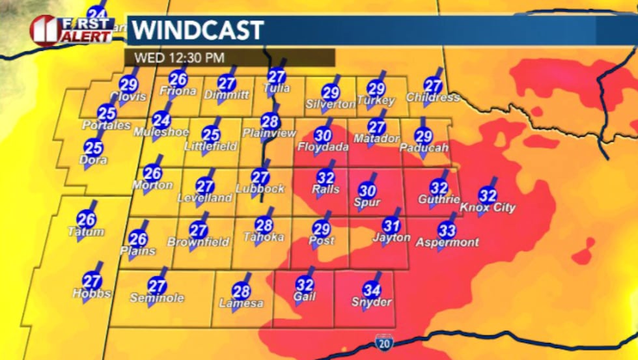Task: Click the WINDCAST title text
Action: (x=198, y=30)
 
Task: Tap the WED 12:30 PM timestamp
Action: (x=179, y=57)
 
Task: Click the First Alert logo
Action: (x=72, y=30)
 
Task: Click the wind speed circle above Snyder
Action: (x=372, y=289)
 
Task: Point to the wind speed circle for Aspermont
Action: (x=447, y=230)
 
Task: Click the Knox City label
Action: (x=488, y=208)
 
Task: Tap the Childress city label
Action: (x=433, y=98)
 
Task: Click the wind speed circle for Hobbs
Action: (x=92, y=281)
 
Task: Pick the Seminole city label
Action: (x=157, y=298)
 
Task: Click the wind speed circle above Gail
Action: (x=305, y=284)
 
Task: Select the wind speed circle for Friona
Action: (x=178, y=79)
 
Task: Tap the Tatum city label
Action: (x=86, y=232)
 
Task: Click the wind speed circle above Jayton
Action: (x=391, y=225)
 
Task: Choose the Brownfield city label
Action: (x=199, y=242)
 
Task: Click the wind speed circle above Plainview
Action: (x=270, y=121)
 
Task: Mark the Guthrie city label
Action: (x=439, y=199)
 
